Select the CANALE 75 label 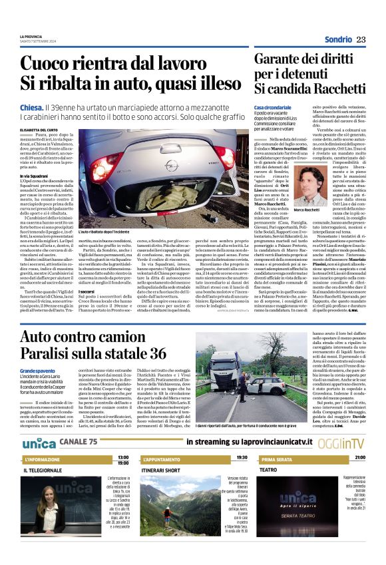79,425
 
